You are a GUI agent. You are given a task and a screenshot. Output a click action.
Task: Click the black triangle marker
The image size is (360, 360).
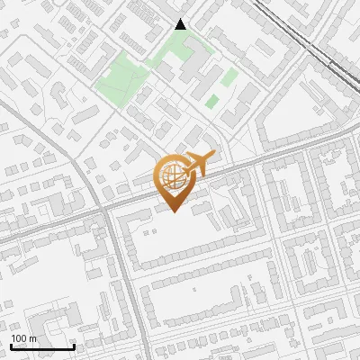[x=181, y=24]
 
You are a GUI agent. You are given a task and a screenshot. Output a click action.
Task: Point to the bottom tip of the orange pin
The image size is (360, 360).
[x=173, y=211]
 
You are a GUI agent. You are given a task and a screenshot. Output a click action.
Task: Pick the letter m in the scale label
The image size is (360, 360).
[x=33, y=338]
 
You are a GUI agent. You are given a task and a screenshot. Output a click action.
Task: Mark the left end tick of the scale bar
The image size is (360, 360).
[x=11, y=345]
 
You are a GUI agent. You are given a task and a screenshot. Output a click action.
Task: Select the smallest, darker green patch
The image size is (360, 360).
[x=211, y=102]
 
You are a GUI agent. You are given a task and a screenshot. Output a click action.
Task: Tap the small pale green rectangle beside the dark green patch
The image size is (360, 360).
[x=229, y=76]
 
